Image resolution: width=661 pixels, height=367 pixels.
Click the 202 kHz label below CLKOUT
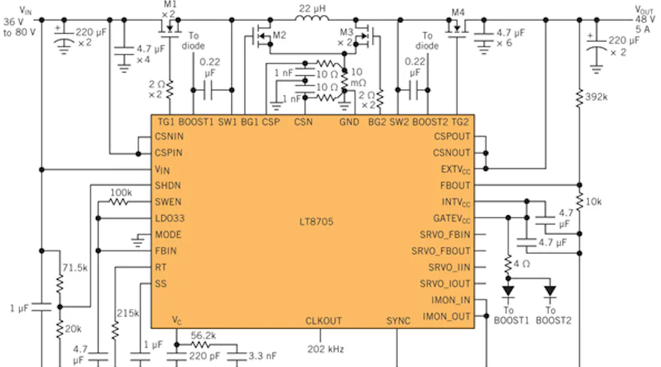pyautogui.click(x=326, y=349)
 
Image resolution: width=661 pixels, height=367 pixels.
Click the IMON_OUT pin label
pyautogui.click(x=447, y=317)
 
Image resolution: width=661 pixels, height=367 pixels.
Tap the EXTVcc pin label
pyautogui.click(x=455, y=169)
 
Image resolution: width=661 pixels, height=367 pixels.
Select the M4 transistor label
pyautogui.click(x=458, y=13)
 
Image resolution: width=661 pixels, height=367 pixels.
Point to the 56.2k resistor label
pyautogui.click(x=204, y=335)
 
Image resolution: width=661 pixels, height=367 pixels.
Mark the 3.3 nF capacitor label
pyautogui.click(x=263, y=356)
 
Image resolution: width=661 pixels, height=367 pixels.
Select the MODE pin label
pyautogui.click(x=168, y=235)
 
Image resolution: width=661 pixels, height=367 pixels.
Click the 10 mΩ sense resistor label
pyautogui.click(x=356, y=77)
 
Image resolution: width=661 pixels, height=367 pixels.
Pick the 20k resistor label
pyautogui.click(x=73, y=329)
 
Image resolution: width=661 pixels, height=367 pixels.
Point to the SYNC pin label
pyautogui.click(x=398, y=321)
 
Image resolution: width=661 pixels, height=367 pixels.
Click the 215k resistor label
pyautogui.click(x=128, y=313)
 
